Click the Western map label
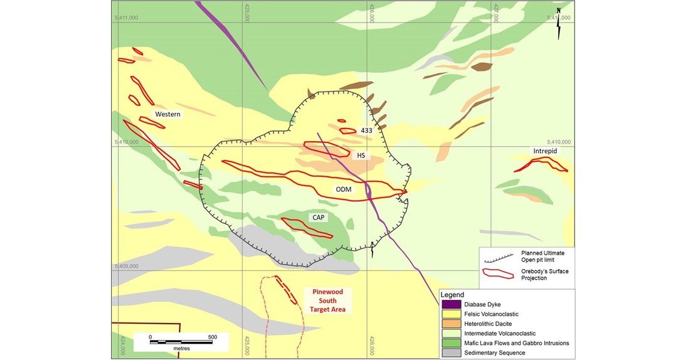point(167,114)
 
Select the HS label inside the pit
point(361,156)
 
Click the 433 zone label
point(367,130)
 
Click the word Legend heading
point(452,295)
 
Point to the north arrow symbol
point(558,23)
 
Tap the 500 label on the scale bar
point(212,337)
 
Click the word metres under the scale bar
point(181,347)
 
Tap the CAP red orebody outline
point(307,228)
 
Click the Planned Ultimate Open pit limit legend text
point(543,256)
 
